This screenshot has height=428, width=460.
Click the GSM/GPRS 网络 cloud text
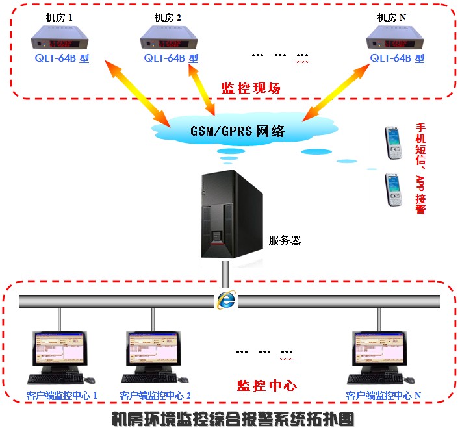click(237, 131)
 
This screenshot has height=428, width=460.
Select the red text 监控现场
click(251, 88)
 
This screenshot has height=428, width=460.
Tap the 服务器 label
click(285, 241)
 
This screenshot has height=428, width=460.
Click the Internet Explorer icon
click(226, 299)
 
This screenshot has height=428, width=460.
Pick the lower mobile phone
click(394, 190)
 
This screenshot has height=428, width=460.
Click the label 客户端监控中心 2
click(155, 395)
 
